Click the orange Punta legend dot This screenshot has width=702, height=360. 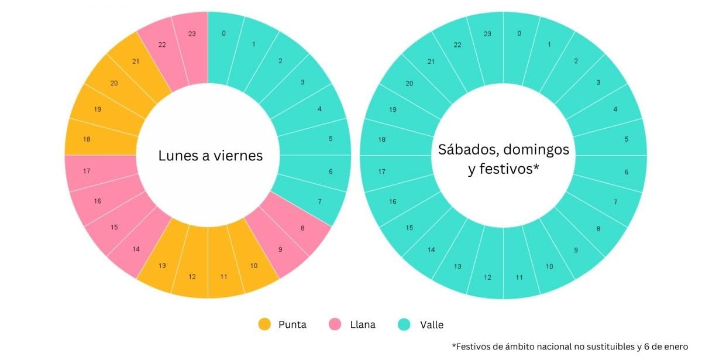click(265, 324)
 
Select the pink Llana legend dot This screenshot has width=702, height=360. click(335, 324)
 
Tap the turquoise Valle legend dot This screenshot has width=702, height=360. click(404, 324)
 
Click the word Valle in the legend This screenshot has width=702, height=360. click(431, 324)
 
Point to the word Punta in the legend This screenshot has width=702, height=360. click(292, 324)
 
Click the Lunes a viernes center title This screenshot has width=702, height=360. click(211, 156)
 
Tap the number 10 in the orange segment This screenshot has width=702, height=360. click(253, 266)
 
